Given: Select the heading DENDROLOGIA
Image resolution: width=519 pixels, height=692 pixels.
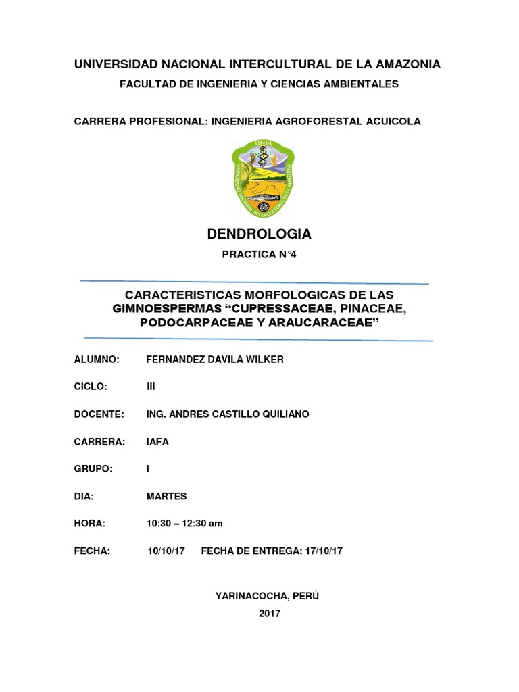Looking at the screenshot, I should click(259, 234).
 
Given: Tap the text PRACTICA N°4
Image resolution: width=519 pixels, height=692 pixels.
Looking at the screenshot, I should click(259, 255).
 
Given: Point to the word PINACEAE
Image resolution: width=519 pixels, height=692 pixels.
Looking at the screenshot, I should click(372, 309).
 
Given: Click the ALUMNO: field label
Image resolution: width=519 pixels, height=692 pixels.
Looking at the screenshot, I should click(97, 360).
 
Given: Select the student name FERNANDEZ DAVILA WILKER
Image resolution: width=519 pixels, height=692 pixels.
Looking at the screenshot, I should click(215, 360).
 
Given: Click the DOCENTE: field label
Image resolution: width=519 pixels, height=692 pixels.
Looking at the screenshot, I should click(99, 414).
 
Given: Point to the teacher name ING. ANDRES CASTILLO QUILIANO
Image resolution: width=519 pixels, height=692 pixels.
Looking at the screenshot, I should click(228, 414).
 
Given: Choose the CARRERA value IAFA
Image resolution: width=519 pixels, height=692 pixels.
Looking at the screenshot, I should click(157, 441).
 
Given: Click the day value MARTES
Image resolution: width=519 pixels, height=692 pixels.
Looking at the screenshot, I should click(166, 496).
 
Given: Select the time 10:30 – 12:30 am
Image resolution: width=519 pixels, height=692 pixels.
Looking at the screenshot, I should click(184, 524).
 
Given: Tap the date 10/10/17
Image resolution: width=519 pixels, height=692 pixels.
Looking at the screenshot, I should click(166, 551).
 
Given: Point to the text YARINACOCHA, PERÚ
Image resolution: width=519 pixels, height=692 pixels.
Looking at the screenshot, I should click(266, 596).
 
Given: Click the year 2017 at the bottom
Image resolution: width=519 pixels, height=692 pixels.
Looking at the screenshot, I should click(269, 614).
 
